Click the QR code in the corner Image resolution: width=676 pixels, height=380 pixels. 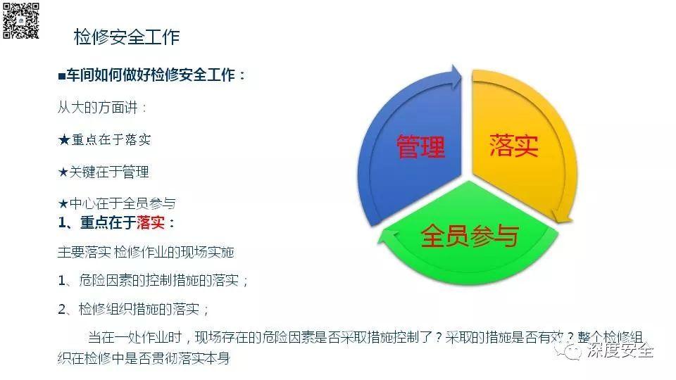(20, 20)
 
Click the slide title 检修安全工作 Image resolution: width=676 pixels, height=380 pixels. (127, 37)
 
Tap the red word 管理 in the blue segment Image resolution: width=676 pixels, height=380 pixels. (420, 147)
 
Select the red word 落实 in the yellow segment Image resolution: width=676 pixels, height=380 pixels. (514, 145)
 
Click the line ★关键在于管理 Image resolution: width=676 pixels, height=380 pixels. (104, 172)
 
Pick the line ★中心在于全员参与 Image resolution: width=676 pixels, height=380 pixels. (116, 203)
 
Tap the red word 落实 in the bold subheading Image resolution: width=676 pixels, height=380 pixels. (151, 223)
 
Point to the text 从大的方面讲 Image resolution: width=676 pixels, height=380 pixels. (103, 108)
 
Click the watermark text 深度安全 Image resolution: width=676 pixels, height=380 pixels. (620, 350)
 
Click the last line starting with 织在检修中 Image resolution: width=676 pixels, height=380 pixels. (144, 358)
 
